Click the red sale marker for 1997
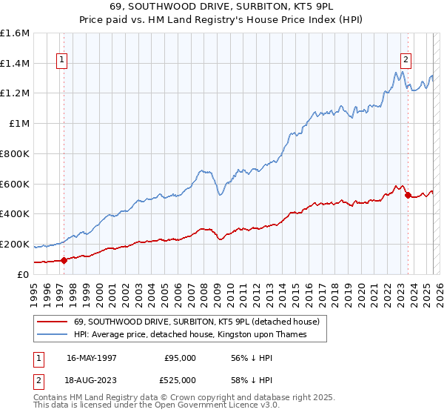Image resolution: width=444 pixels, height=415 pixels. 64,260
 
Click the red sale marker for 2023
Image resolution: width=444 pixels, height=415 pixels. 408,195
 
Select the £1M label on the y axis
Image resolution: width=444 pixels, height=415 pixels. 19,124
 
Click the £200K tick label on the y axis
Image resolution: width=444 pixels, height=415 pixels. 15,244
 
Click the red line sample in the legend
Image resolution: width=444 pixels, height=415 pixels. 53,322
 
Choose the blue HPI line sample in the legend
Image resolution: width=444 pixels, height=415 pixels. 53,335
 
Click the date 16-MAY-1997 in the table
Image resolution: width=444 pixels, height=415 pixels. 92,357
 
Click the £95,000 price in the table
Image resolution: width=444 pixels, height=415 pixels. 180,357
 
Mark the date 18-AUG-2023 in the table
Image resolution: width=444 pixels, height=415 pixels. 92,381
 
